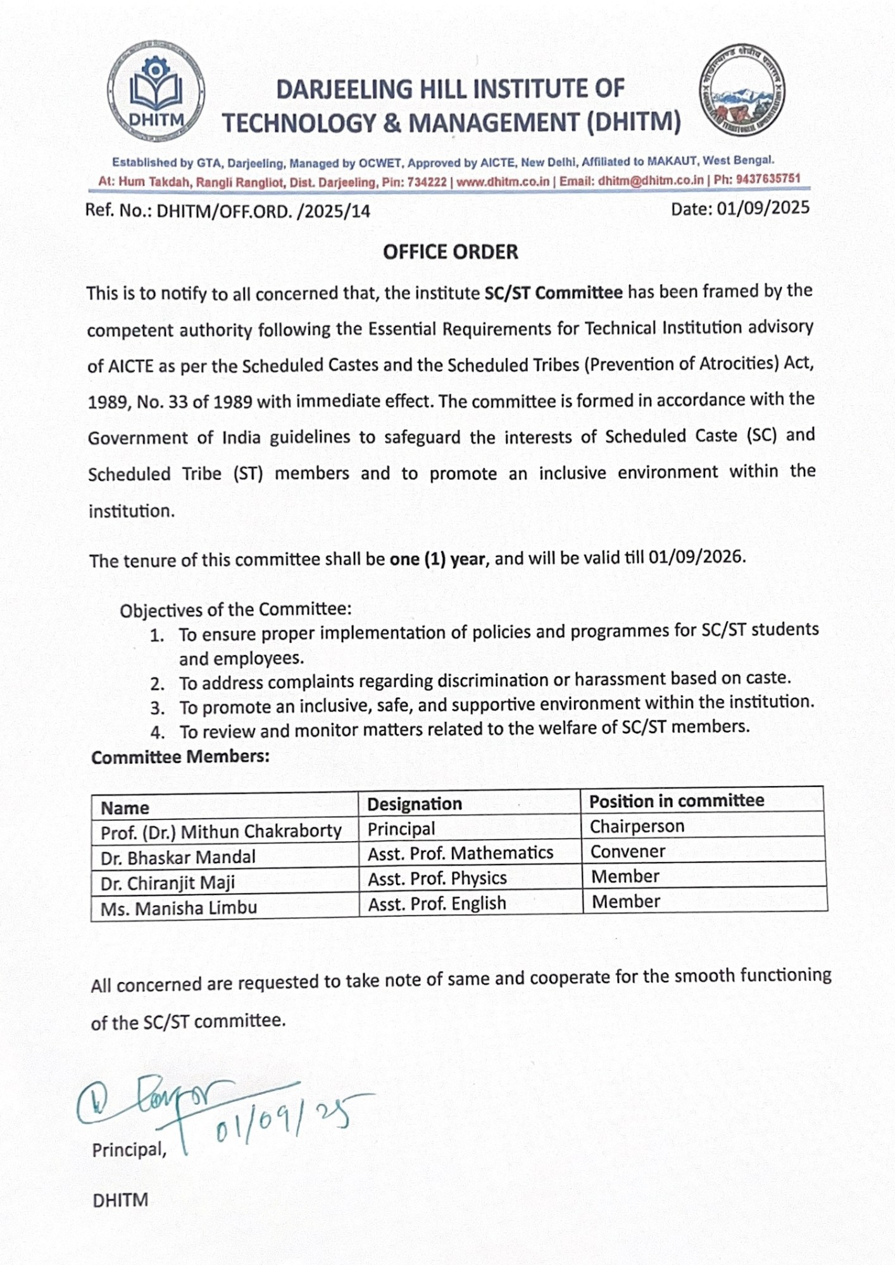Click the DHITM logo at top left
point(156,91)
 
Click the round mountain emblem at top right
point(741,90)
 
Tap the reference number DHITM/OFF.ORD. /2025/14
point(263,211)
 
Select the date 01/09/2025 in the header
point(763,208)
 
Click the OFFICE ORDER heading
point(450,252)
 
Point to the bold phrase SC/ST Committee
point(553,292)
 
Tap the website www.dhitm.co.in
point(503,182)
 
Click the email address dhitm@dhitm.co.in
point(651,180)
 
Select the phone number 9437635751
point(768,179)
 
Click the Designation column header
point(415,804)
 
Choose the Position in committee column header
point(676,801)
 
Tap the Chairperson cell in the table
point(637,826)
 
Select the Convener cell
point(627,851)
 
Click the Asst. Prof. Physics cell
point(437,878)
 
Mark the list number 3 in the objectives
point(157,708)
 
